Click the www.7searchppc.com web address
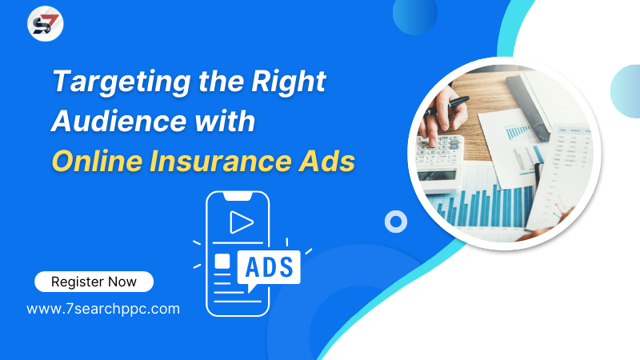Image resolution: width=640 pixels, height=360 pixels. click(x=103, y=308)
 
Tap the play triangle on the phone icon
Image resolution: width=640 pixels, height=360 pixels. click(x=241, y=222)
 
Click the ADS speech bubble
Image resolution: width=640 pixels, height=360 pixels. click(x=269, y=266)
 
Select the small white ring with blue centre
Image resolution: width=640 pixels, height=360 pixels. click(x=396, y=222)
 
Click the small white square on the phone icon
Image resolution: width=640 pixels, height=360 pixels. click(x=222, y=262)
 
